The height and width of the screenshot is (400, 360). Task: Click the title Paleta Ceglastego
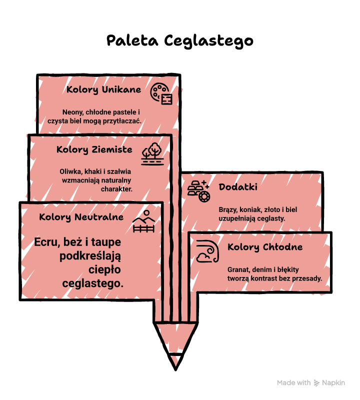(180, 41)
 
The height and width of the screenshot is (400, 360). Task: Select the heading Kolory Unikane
(103, 90)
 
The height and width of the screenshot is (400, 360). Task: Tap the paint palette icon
(161, 93)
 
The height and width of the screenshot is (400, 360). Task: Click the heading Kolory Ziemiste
(94, 149)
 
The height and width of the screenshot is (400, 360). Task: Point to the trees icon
(152, 153)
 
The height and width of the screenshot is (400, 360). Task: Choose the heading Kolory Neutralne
(81, 217)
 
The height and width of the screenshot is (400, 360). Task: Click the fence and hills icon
(144, 221)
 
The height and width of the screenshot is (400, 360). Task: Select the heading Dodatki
(238, 187)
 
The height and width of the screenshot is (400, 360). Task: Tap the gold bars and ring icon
(199, 191)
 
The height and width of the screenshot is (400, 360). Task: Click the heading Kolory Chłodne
(265, 247)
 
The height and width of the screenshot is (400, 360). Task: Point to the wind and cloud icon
(207, 251)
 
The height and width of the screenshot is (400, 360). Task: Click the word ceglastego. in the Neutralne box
(93, 283)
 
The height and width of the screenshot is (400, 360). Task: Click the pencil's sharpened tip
(175, 369)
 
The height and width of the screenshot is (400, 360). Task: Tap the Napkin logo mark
(316, 383)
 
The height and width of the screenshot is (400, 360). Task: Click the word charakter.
(116, 189)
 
